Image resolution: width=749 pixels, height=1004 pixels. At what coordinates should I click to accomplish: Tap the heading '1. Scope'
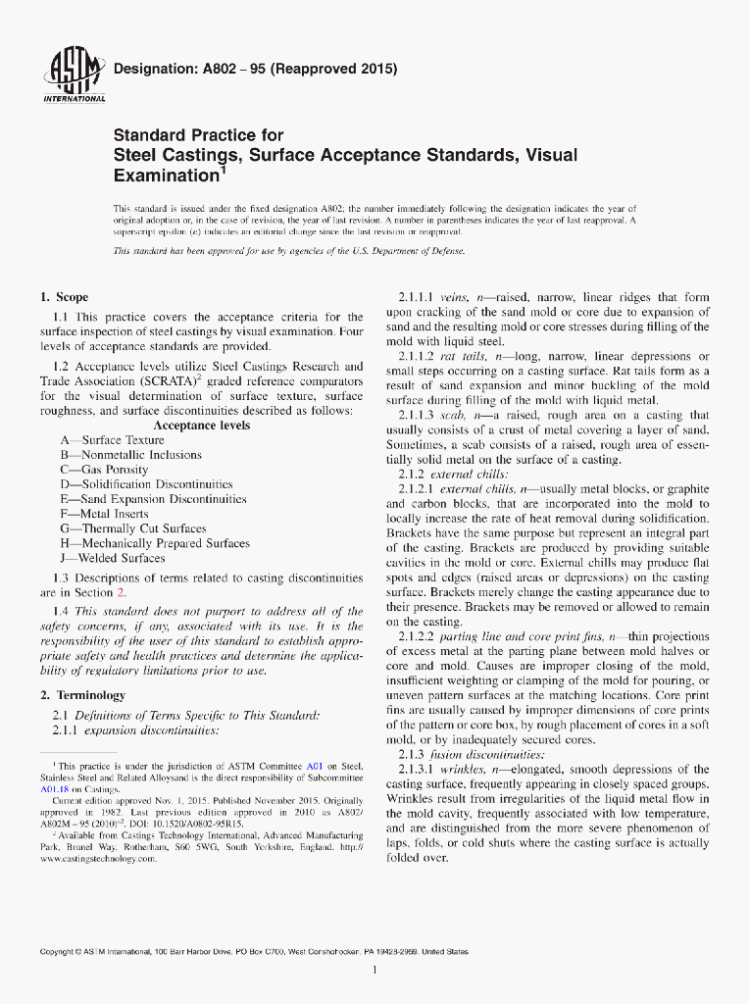[64, 297]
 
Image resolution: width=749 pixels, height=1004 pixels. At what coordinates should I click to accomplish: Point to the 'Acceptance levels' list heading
[201, 426]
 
